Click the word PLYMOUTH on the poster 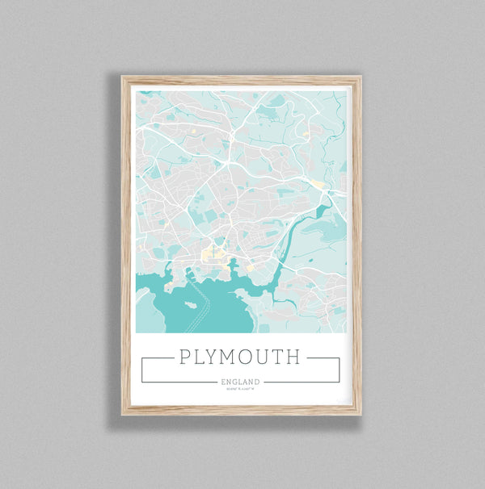[x=239, y=357]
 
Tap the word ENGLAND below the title [x=239, y=382]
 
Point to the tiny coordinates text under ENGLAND [x=239, y=389]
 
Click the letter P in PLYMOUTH [x=184, y=357]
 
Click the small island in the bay [x=190, y=304]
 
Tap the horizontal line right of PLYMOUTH [x=323, y=357]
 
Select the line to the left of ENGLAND [x=178, y=382]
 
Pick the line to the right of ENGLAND [x=302, y=382]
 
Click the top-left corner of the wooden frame [x=124, y=77]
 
